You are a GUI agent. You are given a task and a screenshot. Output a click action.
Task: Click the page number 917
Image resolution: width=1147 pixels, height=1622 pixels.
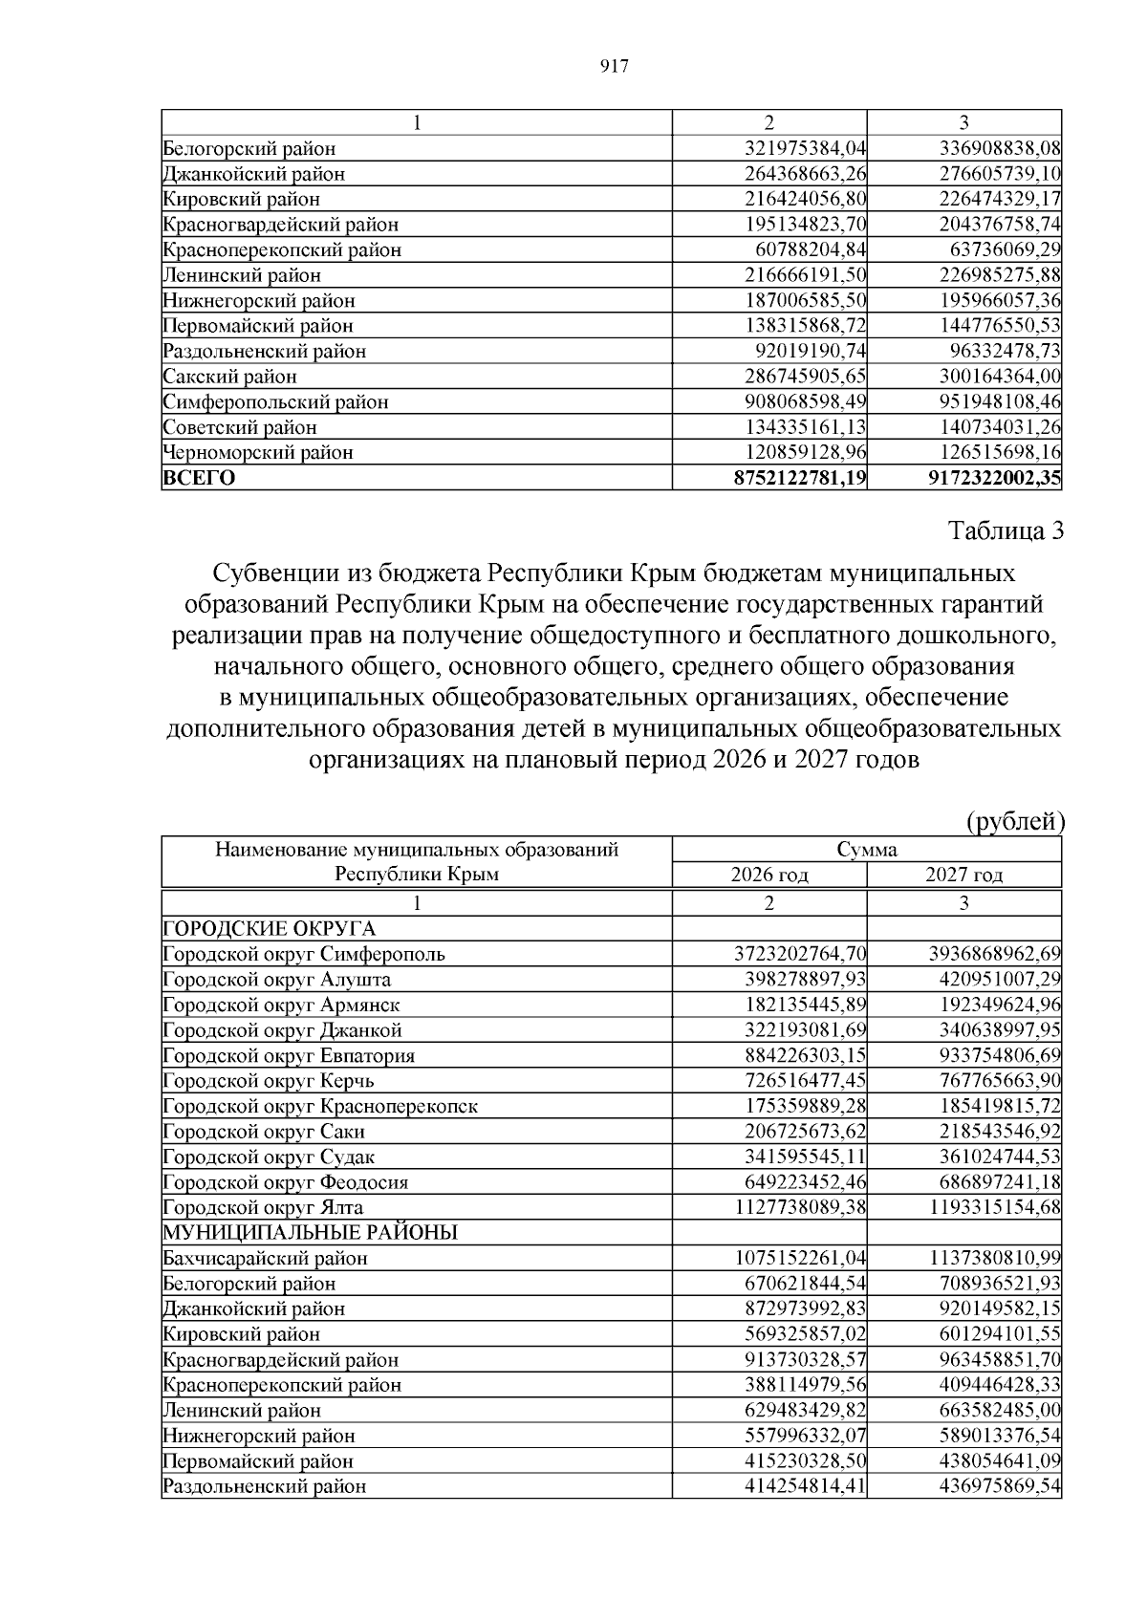tap(613, 66)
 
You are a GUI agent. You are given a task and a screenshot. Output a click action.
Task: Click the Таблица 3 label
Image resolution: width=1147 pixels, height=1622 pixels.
tap(1005, 531)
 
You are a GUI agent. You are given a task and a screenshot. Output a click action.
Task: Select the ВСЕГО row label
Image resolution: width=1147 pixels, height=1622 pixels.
tap(199, 478)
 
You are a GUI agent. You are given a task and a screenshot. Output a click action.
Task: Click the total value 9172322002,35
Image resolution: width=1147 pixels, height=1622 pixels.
tap(994, 478)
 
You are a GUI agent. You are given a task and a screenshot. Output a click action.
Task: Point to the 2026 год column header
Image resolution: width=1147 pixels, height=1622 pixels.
tap(769, 875)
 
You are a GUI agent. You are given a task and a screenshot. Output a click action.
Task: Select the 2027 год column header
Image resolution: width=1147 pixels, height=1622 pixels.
tap(963, 875)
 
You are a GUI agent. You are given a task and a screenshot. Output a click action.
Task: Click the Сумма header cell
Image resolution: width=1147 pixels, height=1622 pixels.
tap(866, 849)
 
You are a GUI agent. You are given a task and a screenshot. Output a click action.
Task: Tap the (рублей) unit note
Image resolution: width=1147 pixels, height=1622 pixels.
tap(1015, 821)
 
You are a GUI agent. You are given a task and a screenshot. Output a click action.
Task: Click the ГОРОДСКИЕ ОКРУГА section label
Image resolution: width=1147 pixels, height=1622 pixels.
tap(270, 928)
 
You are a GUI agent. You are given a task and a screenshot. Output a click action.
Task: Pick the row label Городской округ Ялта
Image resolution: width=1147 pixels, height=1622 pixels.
tap(263, 1207)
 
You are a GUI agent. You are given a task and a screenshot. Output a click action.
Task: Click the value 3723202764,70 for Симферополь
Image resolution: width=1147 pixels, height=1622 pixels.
tap(799, 954)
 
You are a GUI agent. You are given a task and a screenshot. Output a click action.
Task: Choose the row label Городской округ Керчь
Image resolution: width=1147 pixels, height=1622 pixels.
tap(269, 1080)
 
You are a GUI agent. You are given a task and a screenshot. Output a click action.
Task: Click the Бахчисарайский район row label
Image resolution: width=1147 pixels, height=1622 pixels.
tap(265, 1258)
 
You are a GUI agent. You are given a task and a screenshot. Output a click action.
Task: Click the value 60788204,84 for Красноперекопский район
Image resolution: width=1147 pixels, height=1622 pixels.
tap(810, 249)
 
